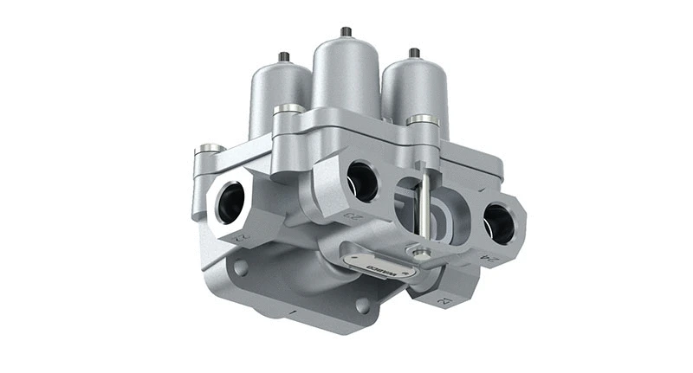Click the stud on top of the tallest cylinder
[346, 32]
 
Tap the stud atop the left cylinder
[282, 57]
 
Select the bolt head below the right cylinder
[422, 119]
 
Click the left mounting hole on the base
[240, 268]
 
